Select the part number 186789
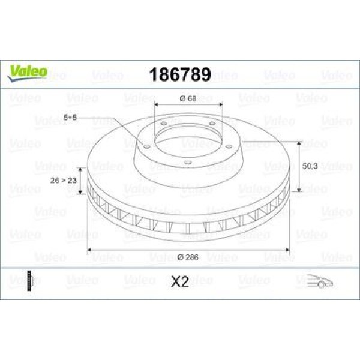pyautogui.click(x=179, y=75)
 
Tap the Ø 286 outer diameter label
pyautogui.click(x=188, y=257)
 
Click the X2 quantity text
pyautogui.click(x=180, y=281)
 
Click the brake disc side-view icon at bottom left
pyautogui.click(x=28, y=280)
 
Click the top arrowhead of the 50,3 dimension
pyautogui.click(x=298, y=144)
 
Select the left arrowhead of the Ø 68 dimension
pyautogui.click(x=157, y=104)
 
